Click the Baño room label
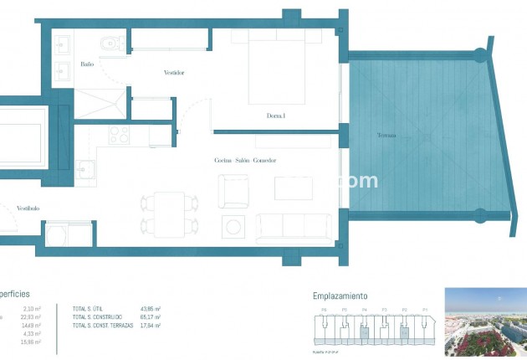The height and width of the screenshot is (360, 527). (87, 64)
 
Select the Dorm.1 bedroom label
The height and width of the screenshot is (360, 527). (276, 116)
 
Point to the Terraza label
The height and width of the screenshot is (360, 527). (386, 136)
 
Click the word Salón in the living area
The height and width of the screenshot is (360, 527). (243, 161)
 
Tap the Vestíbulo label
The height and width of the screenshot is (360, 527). (27, 208)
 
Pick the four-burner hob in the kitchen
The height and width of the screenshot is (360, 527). (119, 135)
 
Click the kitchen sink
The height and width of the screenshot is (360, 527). (85, 170)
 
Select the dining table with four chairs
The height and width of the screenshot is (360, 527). (170, 213)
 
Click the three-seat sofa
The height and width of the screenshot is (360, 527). (293, 227)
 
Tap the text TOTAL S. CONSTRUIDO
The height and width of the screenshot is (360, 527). (97, 318)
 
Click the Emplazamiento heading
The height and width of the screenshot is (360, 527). (340, 296)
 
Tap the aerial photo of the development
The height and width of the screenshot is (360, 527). (485, 322)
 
